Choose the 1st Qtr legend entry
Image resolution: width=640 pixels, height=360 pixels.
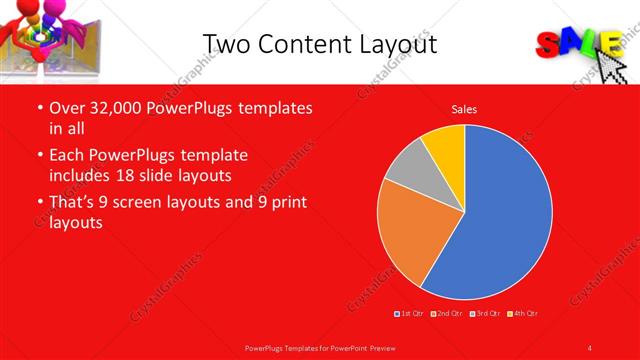(x=410, y=314)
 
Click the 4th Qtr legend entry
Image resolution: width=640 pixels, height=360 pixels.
(x=523, y=314)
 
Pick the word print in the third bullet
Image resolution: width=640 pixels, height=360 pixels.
(x=288, y=202)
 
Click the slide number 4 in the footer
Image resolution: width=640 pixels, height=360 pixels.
(x=589, y=347)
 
